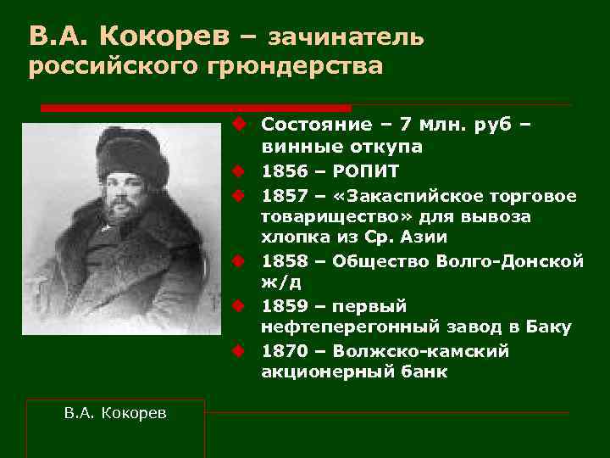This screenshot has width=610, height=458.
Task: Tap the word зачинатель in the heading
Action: [345, 36]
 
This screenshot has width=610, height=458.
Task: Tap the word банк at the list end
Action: [424, 371]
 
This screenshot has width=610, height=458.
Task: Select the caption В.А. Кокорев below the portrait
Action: [115, 412]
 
